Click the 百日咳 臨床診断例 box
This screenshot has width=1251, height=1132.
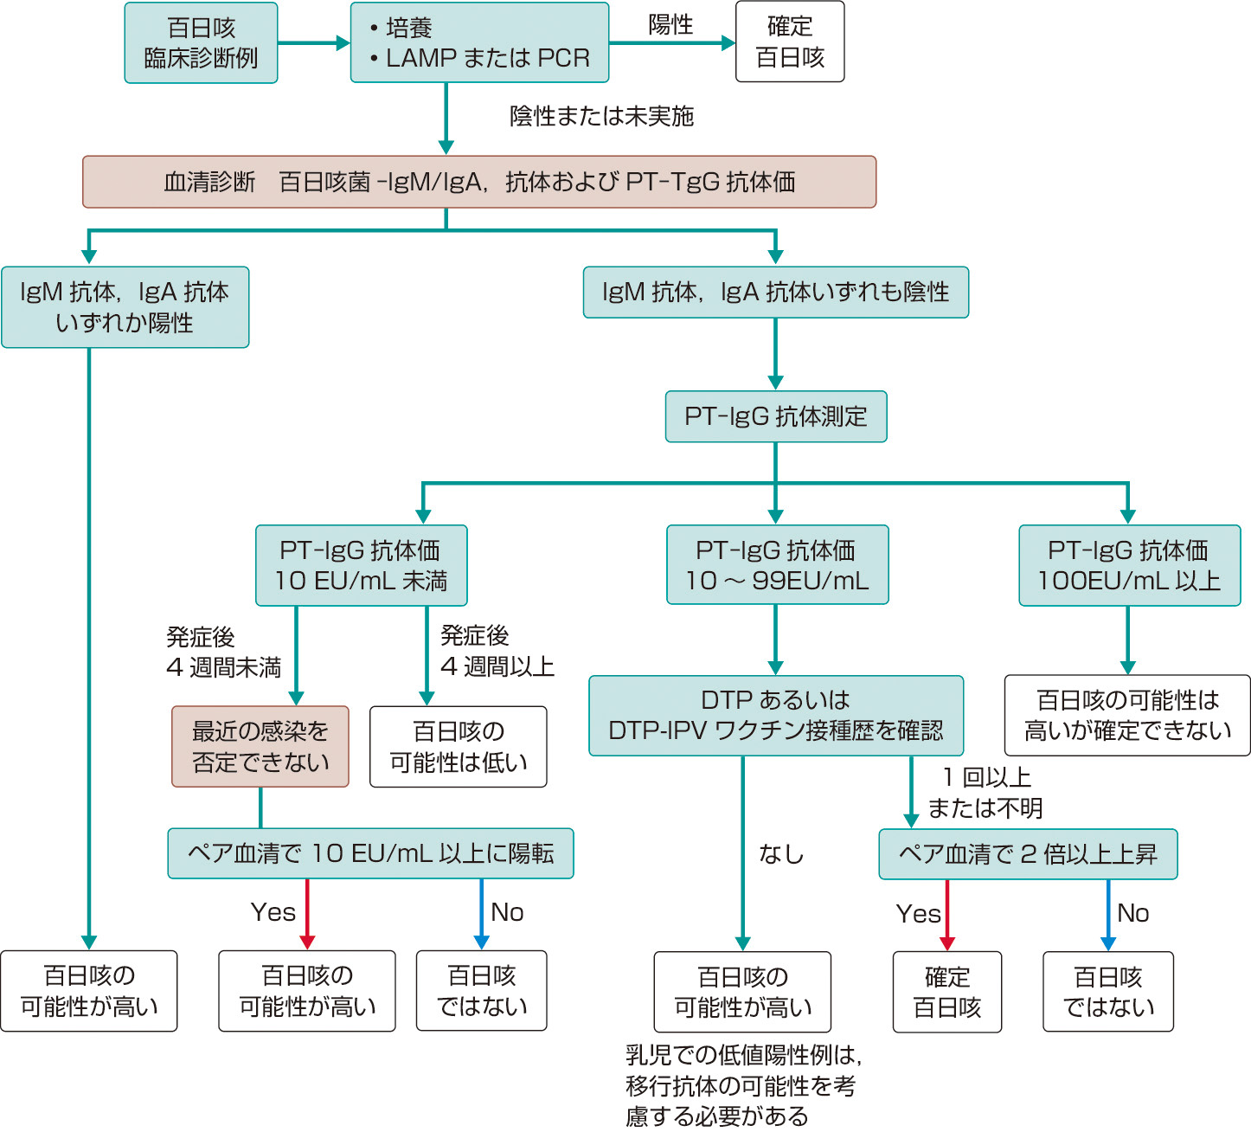[201, 43]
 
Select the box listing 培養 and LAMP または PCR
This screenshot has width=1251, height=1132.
[479, 43]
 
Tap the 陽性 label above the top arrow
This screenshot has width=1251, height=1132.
[670, 25]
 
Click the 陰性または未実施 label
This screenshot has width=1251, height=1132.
[601, 116]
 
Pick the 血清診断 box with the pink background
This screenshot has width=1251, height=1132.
[479, 182]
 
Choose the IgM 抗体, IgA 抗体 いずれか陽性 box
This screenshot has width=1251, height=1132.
[125, 307]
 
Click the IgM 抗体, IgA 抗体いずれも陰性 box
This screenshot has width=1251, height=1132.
[775, 293]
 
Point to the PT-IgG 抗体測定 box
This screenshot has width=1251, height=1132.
[775, 416]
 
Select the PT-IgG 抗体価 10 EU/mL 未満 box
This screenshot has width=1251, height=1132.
[361, 565]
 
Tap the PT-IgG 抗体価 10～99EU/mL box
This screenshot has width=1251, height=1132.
[777, 565]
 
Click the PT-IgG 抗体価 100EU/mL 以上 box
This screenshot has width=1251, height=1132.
[1129, 565]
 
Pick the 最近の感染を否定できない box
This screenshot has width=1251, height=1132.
[260, 746]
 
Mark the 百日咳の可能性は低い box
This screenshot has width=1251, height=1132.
[458, 747]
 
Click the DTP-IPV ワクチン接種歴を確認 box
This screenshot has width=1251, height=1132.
[775, 716]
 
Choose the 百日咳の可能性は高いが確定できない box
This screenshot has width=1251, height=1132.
[1127, 715]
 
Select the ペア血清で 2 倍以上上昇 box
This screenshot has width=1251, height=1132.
[1028, 854]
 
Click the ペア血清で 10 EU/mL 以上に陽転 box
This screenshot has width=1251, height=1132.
[370, 853]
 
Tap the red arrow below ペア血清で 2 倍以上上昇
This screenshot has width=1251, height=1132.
[947, 916]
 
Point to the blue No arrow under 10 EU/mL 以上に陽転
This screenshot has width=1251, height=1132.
[481, 915]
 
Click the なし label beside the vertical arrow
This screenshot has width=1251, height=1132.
[781, 854]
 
